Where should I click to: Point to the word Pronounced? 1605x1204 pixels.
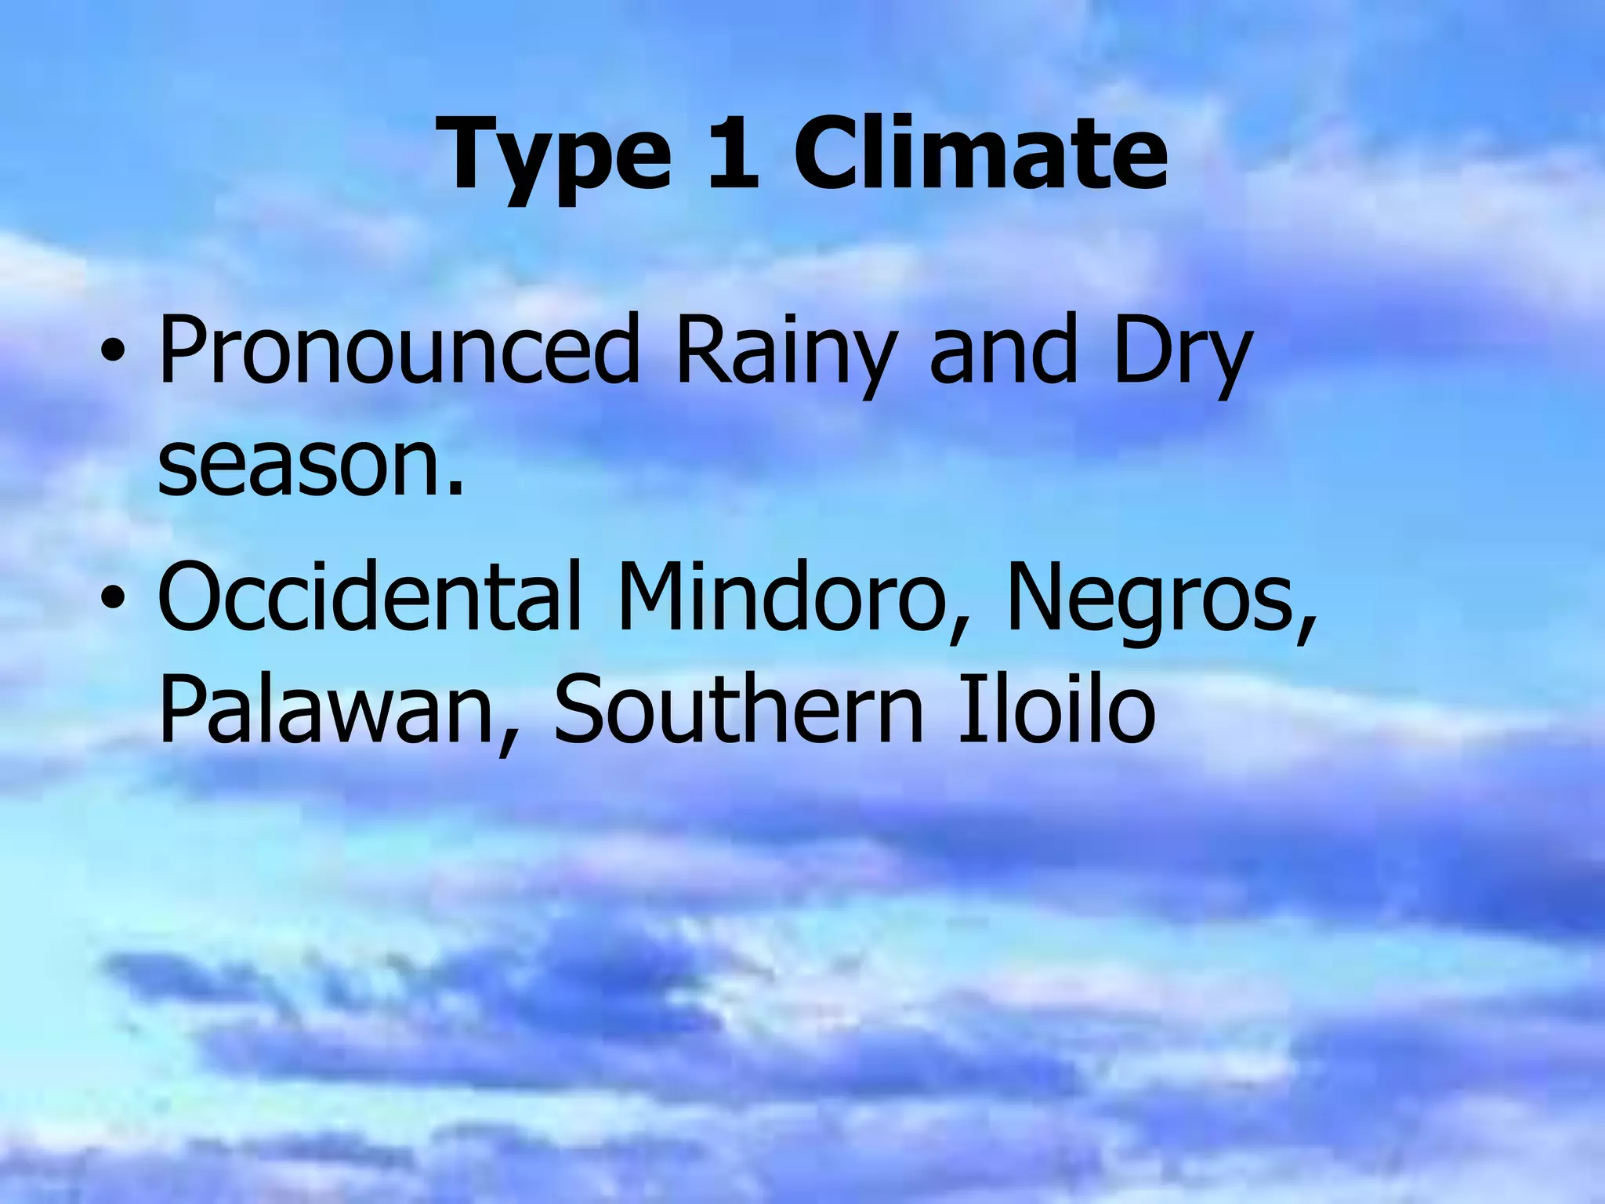(x=400, y=350)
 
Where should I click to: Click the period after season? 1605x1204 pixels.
(x=455, y=490)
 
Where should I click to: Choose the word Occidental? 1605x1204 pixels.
(x=368, y=596)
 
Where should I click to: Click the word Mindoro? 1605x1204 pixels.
(x=784, y=596)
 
